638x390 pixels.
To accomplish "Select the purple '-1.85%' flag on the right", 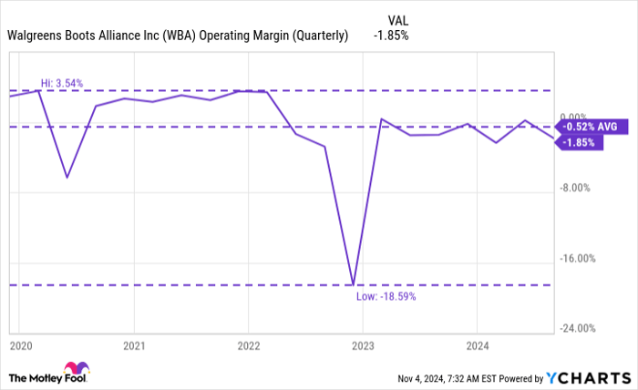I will point(580,143).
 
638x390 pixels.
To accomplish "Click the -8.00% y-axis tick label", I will point(576,188).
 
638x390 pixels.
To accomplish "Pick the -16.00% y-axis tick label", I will point(576,259).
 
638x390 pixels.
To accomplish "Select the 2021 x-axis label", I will point(134,346).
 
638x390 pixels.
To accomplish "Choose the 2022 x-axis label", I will point(248,346).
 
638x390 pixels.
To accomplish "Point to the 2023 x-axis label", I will point(363,346).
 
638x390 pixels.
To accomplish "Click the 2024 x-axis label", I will point(477,346).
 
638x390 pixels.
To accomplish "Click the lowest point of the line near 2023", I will point(354,284).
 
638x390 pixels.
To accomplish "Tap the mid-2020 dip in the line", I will point(67,177).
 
